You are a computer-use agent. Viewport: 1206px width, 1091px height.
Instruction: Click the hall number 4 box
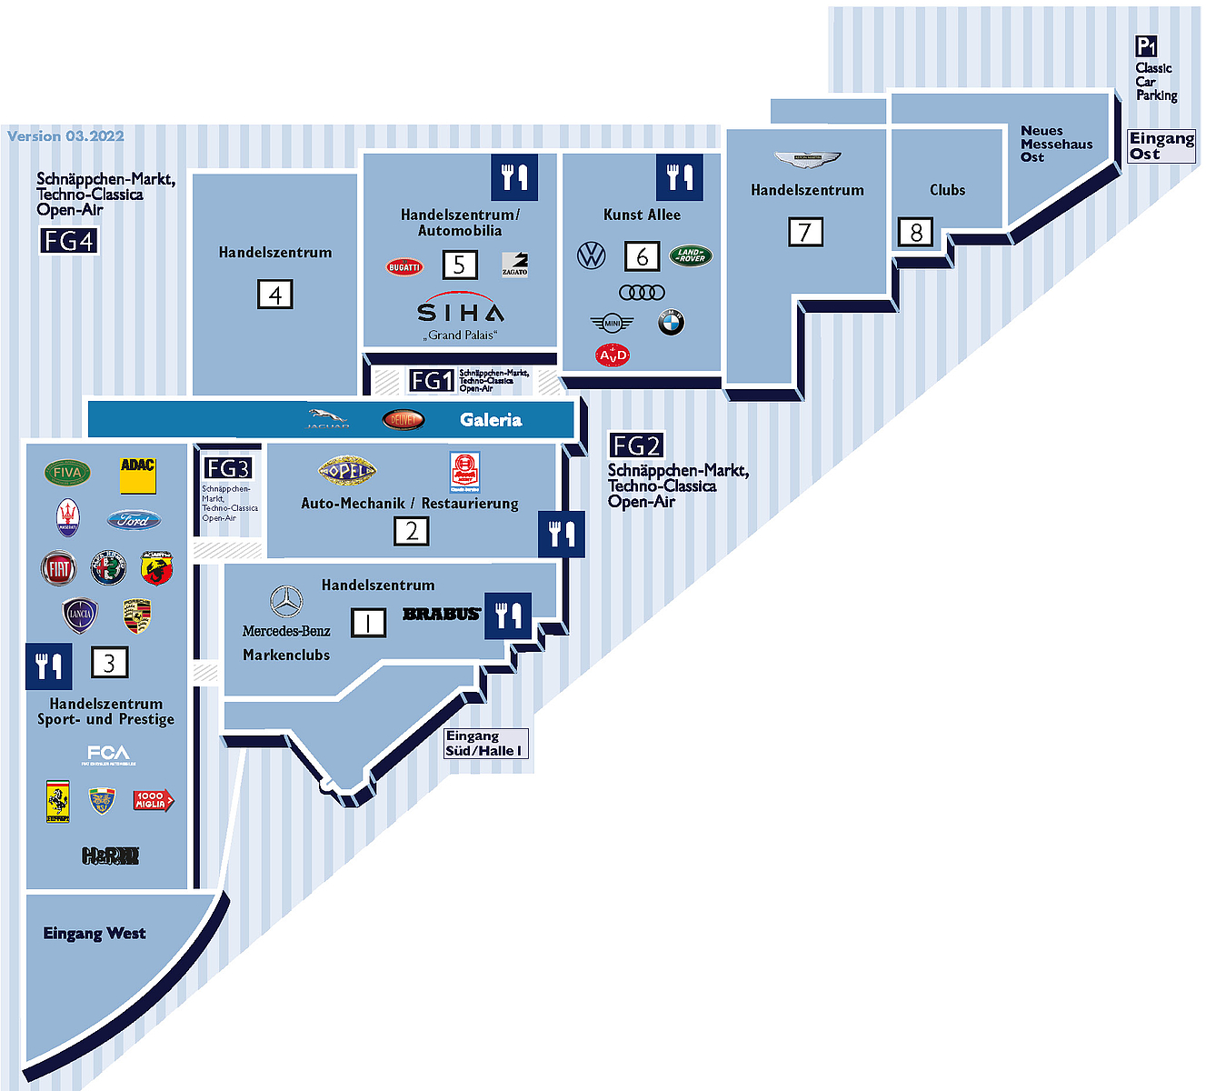(275, 295)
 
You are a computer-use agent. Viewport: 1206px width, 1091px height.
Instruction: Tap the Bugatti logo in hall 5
(404, 266)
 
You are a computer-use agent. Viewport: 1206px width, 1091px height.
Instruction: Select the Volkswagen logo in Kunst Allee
(592, 255)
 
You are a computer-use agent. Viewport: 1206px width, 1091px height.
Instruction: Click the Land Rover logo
(691, 255)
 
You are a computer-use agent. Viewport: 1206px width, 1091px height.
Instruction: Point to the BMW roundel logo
(671, 322)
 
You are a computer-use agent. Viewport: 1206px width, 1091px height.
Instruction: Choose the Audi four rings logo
(642, 292)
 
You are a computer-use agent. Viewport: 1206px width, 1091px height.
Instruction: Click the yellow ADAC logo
(138, 475)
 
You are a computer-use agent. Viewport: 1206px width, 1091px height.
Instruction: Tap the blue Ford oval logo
(134, 520)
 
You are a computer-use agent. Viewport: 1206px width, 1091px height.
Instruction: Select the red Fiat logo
(59, 568)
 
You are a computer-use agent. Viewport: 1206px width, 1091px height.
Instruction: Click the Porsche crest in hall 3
(136, 616)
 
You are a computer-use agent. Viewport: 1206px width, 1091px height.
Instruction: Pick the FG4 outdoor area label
(68, 241)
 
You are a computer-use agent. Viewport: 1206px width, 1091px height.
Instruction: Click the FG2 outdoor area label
(636, 445)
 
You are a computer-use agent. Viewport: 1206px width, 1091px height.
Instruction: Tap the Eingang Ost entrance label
(1161, 145)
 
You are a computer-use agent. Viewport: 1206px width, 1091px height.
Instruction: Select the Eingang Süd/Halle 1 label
(483, 743)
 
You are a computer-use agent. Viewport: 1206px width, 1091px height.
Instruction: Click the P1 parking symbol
(1146, 46)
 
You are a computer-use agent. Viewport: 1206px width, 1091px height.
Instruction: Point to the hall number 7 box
(805, 232)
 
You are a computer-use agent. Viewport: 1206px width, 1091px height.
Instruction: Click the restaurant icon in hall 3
(48, 666)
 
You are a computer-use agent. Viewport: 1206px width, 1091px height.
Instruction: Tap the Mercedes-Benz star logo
(286, 602)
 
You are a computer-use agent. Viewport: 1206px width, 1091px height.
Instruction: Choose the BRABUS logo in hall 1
(441, 614)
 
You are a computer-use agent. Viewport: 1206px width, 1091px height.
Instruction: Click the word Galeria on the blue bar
(491, 420)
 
